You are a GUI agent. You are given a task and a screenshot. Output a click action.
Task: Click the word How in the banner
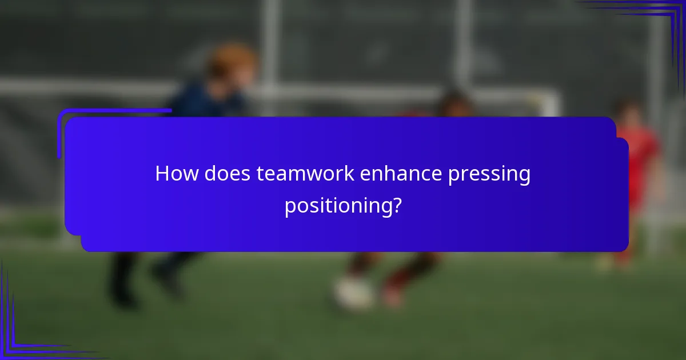[x=173, y=174]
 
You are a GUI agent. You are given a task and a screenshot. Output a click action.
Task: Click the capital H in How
[x=162, y=174]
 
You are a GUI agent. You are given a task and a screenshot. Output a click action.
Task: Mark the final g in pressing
[x=524, y=177]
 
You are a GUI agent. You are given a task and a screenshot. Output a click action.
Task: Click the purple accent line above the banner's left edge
[x=114, y=110]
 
